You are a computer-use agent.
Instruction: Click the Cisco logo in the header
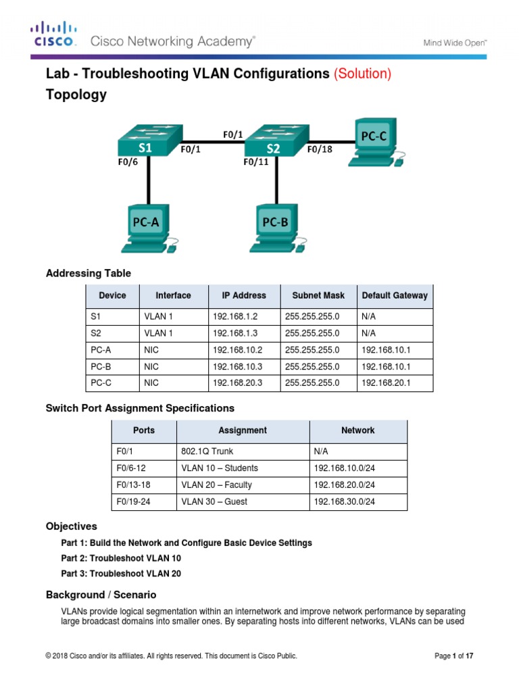(54, 34)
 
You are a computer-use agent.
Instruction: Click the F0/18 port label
(320, 150)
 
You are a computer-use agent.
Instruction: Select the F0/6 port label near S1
(128, 162)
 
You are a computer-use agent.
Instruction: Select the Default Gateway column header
(395, 295)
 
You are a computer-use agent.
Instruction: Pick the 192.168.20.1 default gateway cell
(385, 382)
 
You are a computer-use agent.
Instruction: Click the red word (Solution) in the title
(362, 74)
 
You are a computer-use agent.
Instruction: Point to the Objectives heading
(71, 526)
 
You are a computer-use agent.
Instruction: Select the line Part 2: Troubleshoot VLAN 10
(121, 558)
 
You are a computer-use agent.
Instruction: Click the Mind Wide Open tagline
(455, 42)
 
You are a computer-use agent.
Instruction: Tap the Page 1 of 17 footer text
(458, 656)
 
